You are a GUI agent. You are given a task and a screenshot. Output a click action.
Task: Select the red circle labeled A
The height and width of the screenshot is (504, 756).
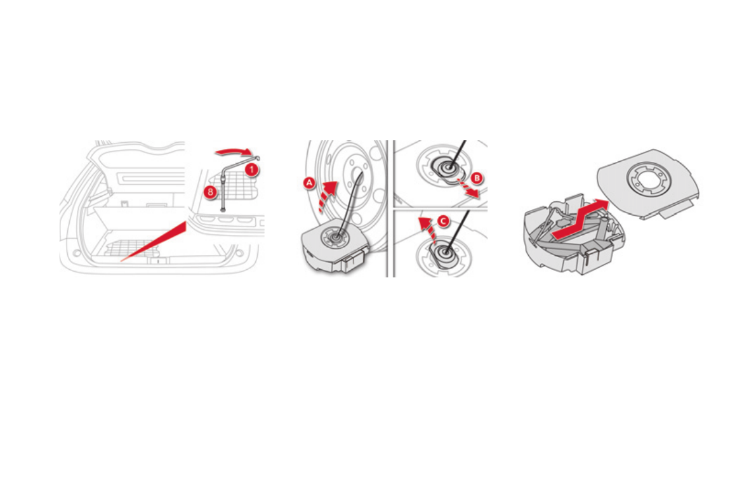click(309, 182)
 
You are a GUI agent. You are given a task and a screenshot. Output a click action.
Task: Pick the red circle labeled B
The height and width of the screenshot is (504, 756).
click(477, 177)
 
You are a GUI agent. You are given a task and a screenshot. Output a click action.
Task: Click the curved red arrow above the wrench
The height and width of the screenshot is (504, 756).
click(235, 151)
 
